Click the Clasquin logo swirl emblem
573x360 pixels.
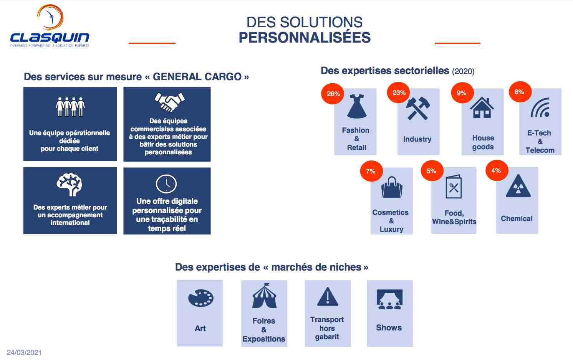[x=51, y=17]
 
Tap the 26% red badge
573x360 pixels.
[x=333, y=94]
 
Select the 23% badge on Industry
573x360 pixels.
[x=399, y=92]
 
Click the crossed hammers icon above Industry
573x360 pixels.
[x=418, y=108]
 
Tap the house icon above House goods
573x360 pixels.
[x=482, y=107]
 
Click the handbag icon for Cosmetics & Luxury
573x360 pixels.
[x=392, y=187]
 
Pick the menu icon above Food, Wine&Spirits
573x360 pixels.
[x=454, y=187]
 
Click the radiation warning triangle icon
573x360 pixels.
[x=518, y=186]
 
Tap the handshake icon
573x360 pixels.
[x=169, y=102]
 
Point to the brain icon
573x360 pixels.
[x=70, y=185]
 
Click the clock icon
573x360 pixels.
[x=166, y=184]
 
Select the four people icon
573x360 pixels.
[x=70, y=107]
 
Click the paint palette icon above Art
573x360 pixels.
[x=201, y=298]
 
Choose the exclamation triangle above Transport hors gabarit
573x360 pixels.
[x=328, y=297]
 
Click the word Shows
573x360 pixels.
[x=389, y=327]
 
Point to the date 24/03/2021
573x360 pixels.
[x=24, y=353]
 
